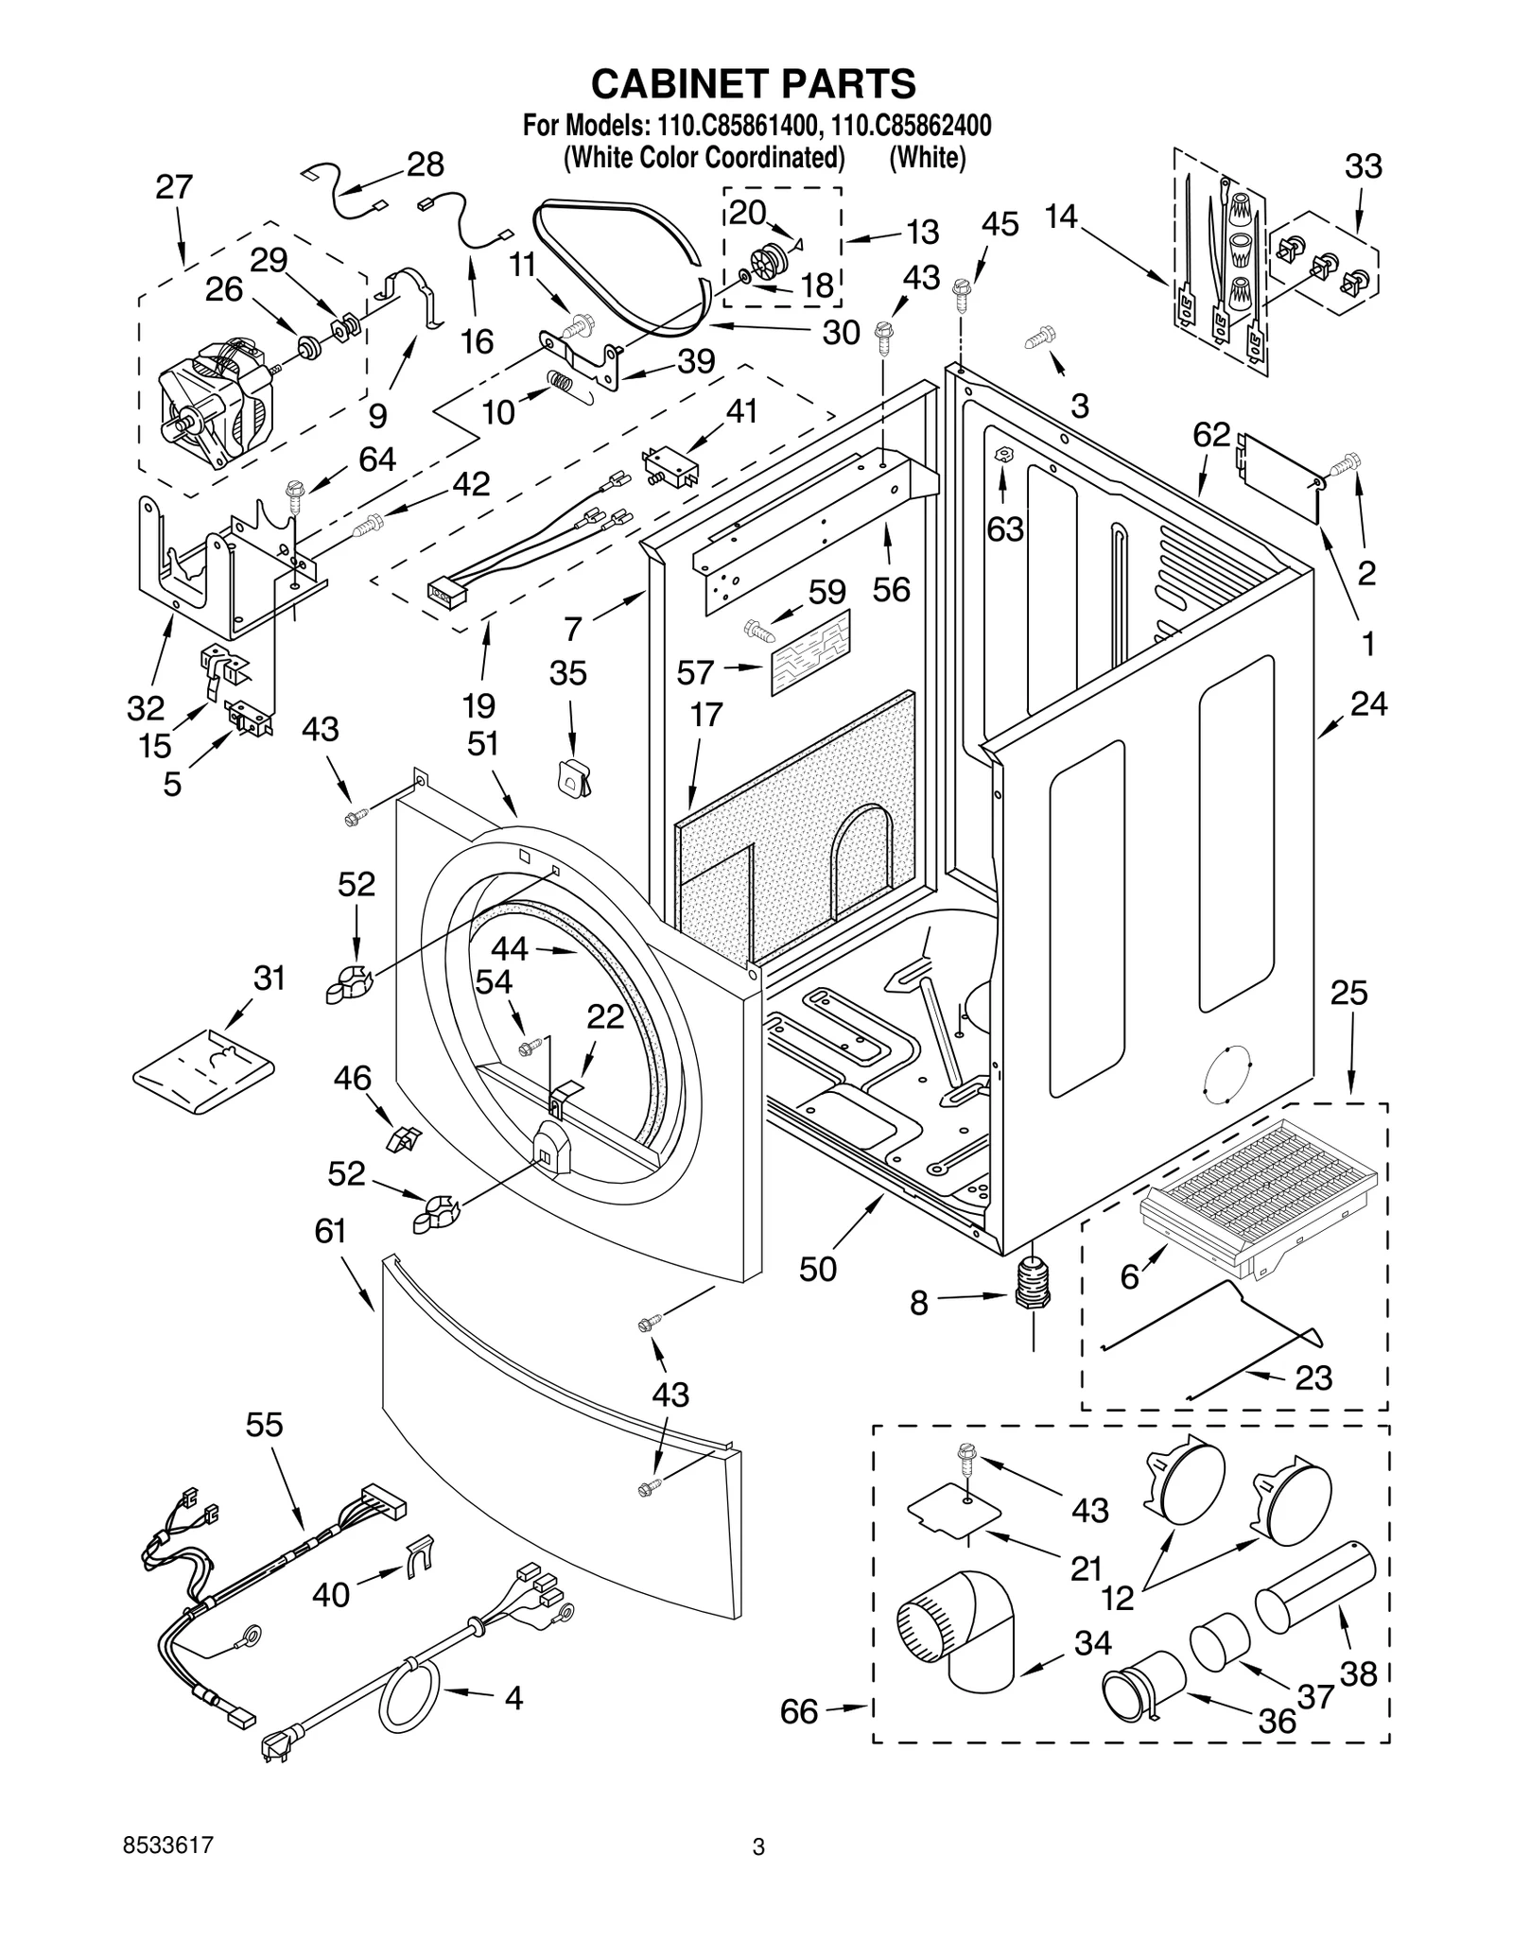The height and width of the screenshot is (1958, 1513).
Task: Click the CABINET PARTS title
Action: (x=754, y=83)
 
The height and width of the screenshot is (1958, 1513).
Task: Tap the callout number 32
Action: (x=146, y=707)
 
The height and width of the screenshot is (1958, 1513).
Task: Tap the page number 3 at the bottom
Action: (x=757, y=1846)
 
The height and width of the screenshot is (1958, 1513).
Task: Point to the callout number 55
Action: (x=264, y=1424)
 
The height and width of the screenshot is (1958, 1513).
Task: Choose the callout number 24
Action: (x=1368, y=703)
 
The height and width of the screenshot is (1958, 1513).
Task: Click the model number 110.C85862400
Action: (x=912, y=125)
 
